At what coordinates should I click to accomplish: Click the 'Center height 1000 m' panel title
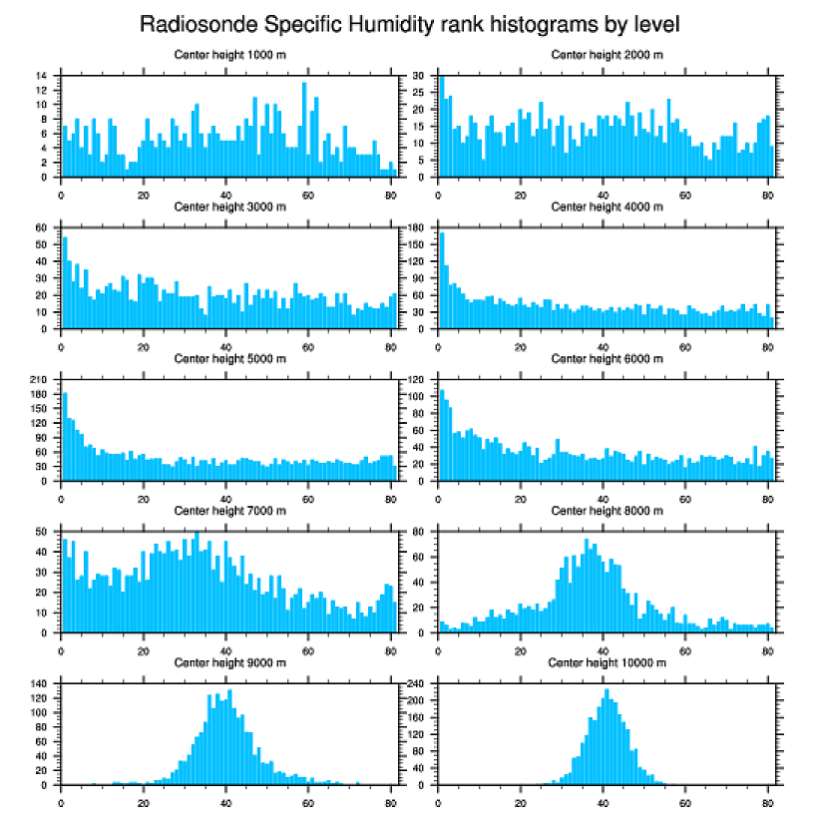229,55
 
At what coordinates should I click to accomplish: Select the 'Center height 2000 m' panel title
607,55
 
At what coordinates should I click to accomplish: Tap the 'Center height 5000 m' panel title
229,359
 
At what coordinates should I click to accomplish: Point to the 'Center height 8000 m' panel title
607,511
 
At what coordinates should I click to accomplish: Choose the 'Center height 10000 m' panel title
607,662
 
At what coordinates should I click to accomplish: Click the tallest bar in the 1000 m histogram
304,130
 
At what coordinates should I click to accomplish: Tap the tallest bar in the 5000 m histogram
65,436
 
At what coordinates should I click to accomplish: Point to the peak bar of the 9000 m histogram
229,736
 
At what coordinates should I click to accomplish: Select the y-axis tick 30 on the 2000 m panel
421,76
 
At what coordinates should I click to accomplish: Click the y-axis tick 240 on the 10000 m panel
418,683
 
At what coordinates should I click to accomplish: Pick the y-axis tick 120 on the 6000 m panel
418,380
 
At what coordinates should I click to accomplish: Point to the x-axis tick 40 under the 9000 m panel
226,799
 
